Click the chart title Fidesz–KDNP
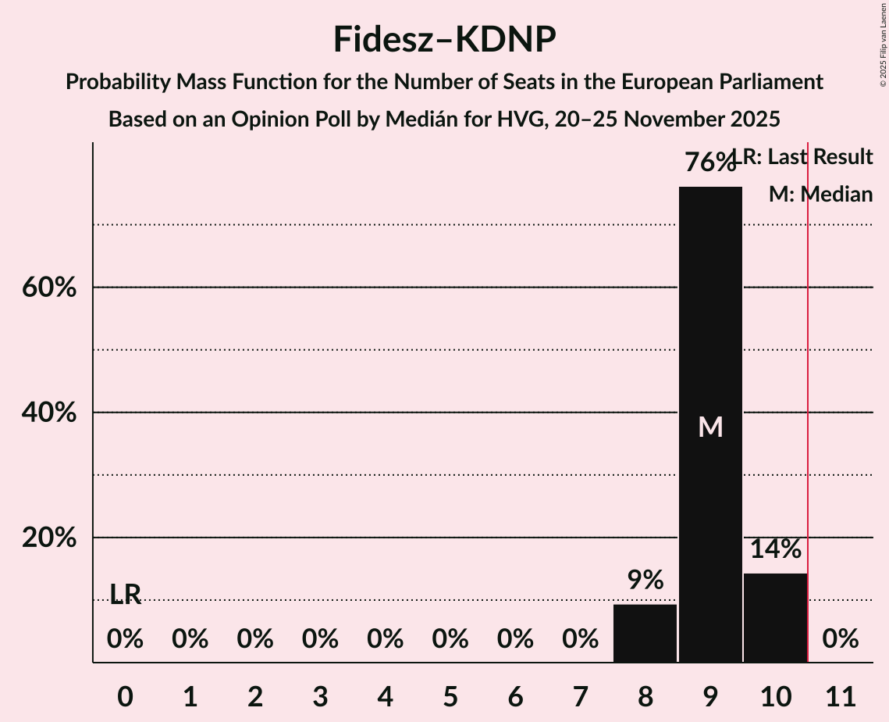444,39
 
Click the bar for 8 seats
645,633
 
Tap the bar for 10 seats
775,617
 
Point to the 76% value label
709,163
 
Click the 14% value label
775,549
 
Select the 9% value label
645,580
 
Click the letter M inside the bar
710,427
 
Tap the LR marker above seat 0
125,595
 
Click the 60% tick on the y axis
49,288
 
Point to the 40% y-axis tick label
49,413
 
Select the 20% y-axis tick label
49,538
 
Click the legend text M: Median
820,195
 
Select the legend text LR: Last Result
808,157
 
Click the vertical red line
808,391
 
